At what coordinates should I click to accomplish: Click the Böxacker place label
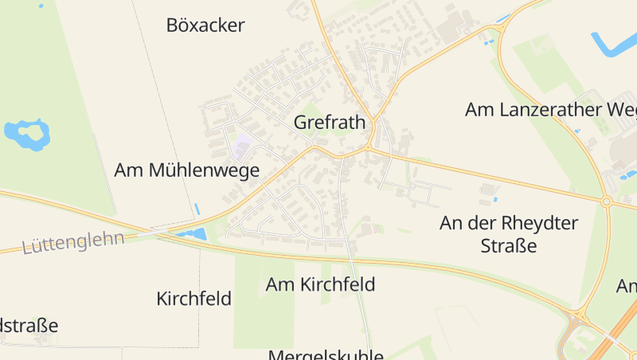coord(205,25)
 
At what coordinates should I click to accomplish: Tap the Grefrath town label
coord(330,123)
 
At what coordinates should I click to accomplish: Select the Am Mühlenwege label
coord(187,170)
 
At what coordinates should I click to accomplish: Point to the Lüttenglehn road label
coord(73,241)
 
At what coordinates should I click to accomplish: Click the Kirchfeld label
coord(194,299)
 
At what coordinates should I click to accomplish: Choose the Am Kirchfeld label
coord(320,284)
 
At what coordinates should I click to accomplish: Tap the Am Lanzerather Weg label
coord(549,109)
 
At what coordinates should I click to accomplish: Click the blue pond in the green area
coord(26,133)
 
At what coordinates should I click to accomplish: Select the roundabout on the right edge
coord(606,202)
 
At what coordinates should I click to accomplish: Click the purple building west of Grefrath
coord(241,147)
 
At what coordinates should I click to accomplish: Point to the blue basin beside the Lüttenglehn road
coord(193,234)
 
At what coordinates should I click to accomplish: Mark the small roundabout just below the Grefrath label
coord(369,148)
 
